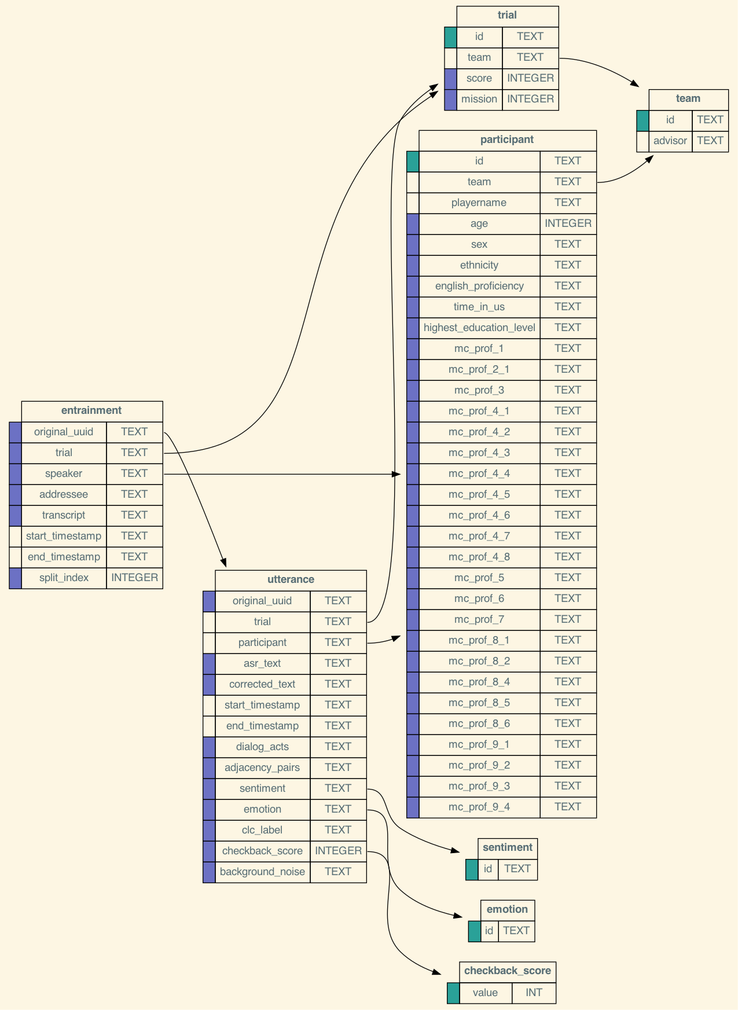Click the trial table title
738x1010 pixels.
(507, 16)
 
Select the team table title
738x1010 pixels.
(688, 99)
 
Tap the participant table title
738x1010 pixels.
(507, 140)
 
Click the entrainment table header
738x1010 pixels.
(91, 411)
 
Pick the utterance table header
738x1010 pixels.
(291, 580)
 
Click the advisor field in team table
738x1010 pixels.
(670, 141)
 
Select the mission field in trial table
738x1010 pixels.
(479, 99)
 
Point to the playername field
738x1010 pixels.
(479, 203)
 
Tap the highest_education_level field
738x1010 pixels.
(479, 328)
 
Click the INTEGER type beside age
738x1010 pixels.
(568, 223)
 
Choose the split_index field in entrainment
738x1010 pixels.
(64, 578)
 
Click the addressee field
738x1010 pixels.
(64, 494)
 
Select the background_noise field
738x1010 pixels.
(262, 872)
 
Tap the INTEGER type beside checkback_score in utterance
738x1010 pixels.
(338, 851)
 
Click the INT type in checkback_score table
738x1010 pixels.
(534, 993)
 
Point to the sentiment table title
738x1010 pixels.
(507, 848)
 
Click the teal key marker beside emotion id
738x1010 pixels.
(474, 931)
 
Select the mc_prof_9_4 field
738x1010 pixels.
(479, 807)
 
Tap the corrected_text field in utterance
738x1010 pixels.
(262, 684)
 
